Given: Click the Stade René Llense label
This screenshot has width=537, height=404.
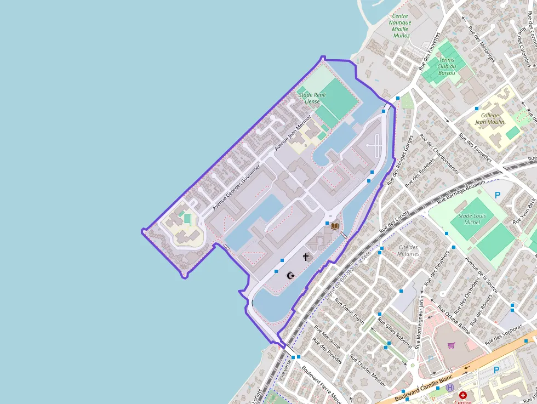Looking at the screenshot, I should (x=309, y=98).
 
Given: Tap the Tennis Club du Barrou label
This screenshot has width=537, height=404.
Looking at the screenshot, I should (x=447, y=66).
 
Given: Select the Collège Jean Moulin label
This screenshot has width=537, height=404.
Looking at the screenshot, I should (x=490, y=119).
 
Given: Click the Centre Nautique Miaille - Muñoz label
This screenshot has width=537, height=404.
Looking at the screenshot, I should (x=400, y=26).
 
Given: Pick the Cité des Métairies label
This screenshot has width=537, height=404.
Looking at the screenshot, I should (x=409, y=251).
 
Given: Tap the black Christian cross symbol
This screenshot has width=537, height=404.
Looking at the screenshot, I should (x=306, y=257).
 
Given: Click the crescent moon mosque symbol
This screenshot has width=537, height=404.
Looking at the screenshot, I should (x=290, y=275).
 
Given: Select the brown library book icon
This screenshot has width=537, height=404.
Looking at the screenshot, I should (x=334, y=226).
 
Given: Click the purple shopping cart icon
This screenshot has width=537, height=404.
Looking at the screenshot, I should (x=451, y=345).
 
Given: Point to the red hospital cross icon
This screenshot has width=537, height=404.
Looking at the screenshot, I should (x=463, y=395).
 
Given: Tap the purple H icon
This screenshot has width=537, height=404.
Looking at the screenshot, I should (x=450, y=387).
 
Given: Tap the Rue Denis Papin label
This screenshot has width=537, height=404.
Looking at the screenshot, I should (x=350, y=311).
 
